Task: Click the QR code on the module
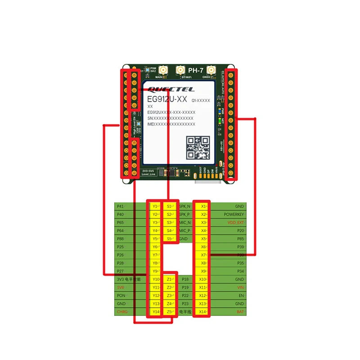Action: click(x=198, y=148)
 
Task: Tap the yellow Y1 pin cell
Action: click(x=156, y=206)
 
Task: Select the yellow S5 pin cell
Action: click(x=169, y=238)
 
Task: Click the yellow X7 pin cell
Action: click(x=203, y=255)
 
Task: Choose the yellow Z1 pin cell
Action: click(x=169, y=279)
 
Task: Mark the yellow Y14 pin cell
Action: click(x=156, y=312)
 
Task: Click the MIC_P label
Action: click(x=185, y=230)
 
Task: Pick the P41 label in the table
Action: click(x=120, y=206)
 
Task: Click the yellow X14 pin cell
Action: click(x=203, y=312)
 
